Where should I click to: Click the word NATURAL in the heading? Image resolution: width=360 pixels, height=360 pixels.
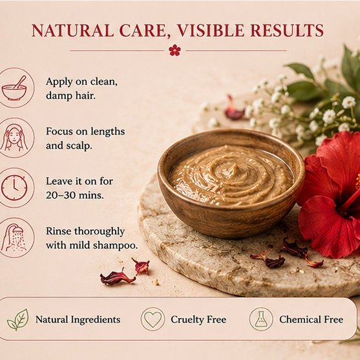(x=72, y=30)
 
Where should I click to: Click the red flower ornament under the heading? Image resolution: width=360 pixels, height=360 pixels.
(x=175, y=50)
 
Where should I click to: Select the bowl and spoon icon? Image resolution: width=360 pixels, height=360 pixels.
(x=14, y=88)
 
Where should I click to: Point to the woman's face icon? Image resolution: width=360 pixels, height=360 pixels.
(x=14, y=138)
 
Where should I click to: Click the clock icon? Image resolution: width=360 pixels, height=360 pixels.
(x=14, y=188)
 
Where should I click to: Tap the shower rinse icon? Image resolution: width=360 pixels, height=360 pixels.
(x=14, y=238)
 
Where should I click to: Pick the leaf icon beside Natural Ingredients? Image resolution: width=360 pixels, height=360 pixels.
(x=18, y=319)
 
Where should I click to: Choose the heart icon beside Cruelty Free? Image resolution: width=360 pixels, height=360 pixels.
(x=153, y=319)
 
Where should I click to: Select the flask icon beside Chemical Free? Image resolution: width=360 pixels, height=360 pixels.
(x=261, y=319)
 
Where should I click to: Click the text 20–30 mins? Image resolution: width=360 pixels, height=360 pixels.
(x=74, y=195)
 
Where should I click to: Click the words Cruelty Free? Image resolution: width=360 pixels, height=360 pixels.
(x=198, y=319)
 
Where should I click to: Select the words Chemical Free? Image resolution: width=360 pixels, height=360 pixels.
(x=312, y=319)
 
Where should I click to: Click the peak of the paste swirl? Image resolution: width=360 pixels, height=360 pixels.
(x=235, y=165)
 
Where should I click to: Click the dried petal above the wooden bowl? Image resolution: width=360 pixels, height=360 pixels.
(x=233, y=109)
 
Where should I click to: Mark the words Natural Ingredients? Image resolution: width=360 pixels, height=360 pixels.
(x=78, y=320)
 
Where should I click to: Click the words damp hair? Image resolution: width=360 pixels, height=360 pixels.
(x=70, y=96)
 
